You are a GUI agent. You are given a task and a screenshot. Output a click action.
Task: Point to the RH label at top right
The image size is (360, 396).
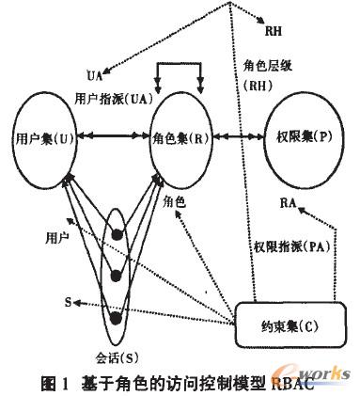[x=274, y=31]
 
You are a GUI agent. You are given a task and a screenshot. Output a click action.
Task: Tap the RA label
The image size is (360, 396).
[x=290, y=202]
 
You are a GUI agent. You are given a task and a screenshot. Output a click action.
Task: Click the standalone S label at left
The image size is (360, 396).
[x=68, y=303]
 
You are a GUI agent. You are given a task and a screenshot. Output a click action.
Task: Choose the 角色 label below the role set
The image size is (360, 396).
[x=175, y=201]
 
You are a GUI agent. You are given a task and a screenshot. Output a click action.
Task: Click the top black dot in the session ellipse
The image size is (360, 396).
[x=117, y=234]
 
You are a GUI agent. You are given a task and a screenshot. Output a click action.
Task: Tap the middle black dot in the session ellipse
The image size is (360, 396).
[x=117, y=274]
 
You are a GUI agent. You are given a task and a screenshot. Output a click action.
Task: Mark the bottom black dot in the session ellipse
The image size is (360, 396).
[x=117, y=316]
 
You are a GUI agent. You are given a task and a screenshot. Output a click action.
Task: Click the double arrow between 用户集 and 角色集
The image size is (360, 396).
[x=108, y=137]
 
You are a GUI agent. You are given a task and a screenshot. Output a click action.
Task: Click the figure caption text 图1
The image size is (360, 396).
[x=55, y=382]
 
